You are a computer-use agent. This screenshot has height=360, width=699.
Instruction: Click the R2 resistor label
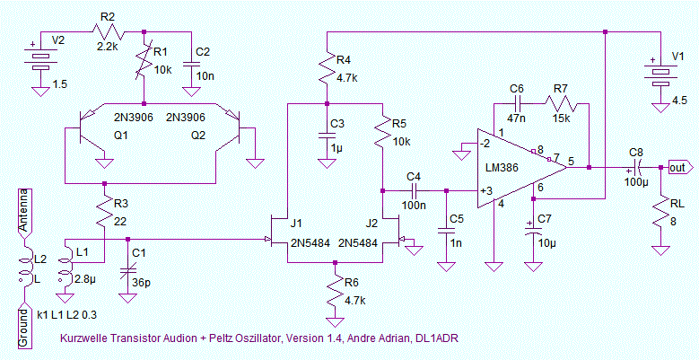tap(108, 16)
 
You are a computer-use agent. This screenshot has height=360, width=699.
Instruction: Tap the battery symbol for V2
tap(39, 60)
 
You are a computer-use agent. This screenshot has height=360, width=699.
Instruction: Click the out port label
tap(678, 168)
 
